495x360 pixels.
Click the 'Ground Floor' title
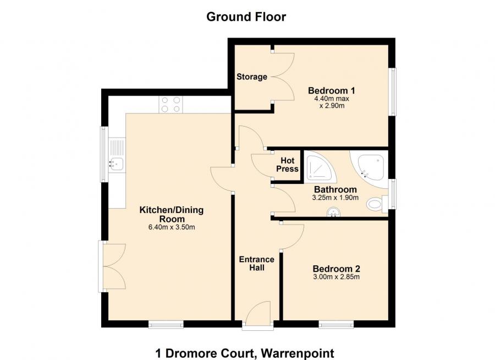coord(246,17)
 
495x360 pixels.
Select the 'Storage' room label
coord(251,77)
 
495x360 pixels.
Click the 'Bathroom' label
coord(334,190)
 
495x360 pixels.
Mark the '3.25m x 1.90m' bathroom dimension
coord(334,198)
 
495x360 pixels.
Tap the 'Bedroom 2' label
coord(336,269)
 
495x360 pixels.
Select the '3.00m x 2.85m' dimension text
coord(336,277)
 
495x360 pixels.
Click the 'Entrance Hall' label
coord(256,264)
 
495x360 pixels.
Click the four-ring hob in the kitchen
coord(170,105)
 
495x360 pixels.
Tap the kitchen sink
coord(117,162)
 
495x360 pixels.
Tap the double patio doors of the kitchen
coord(108,266)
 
